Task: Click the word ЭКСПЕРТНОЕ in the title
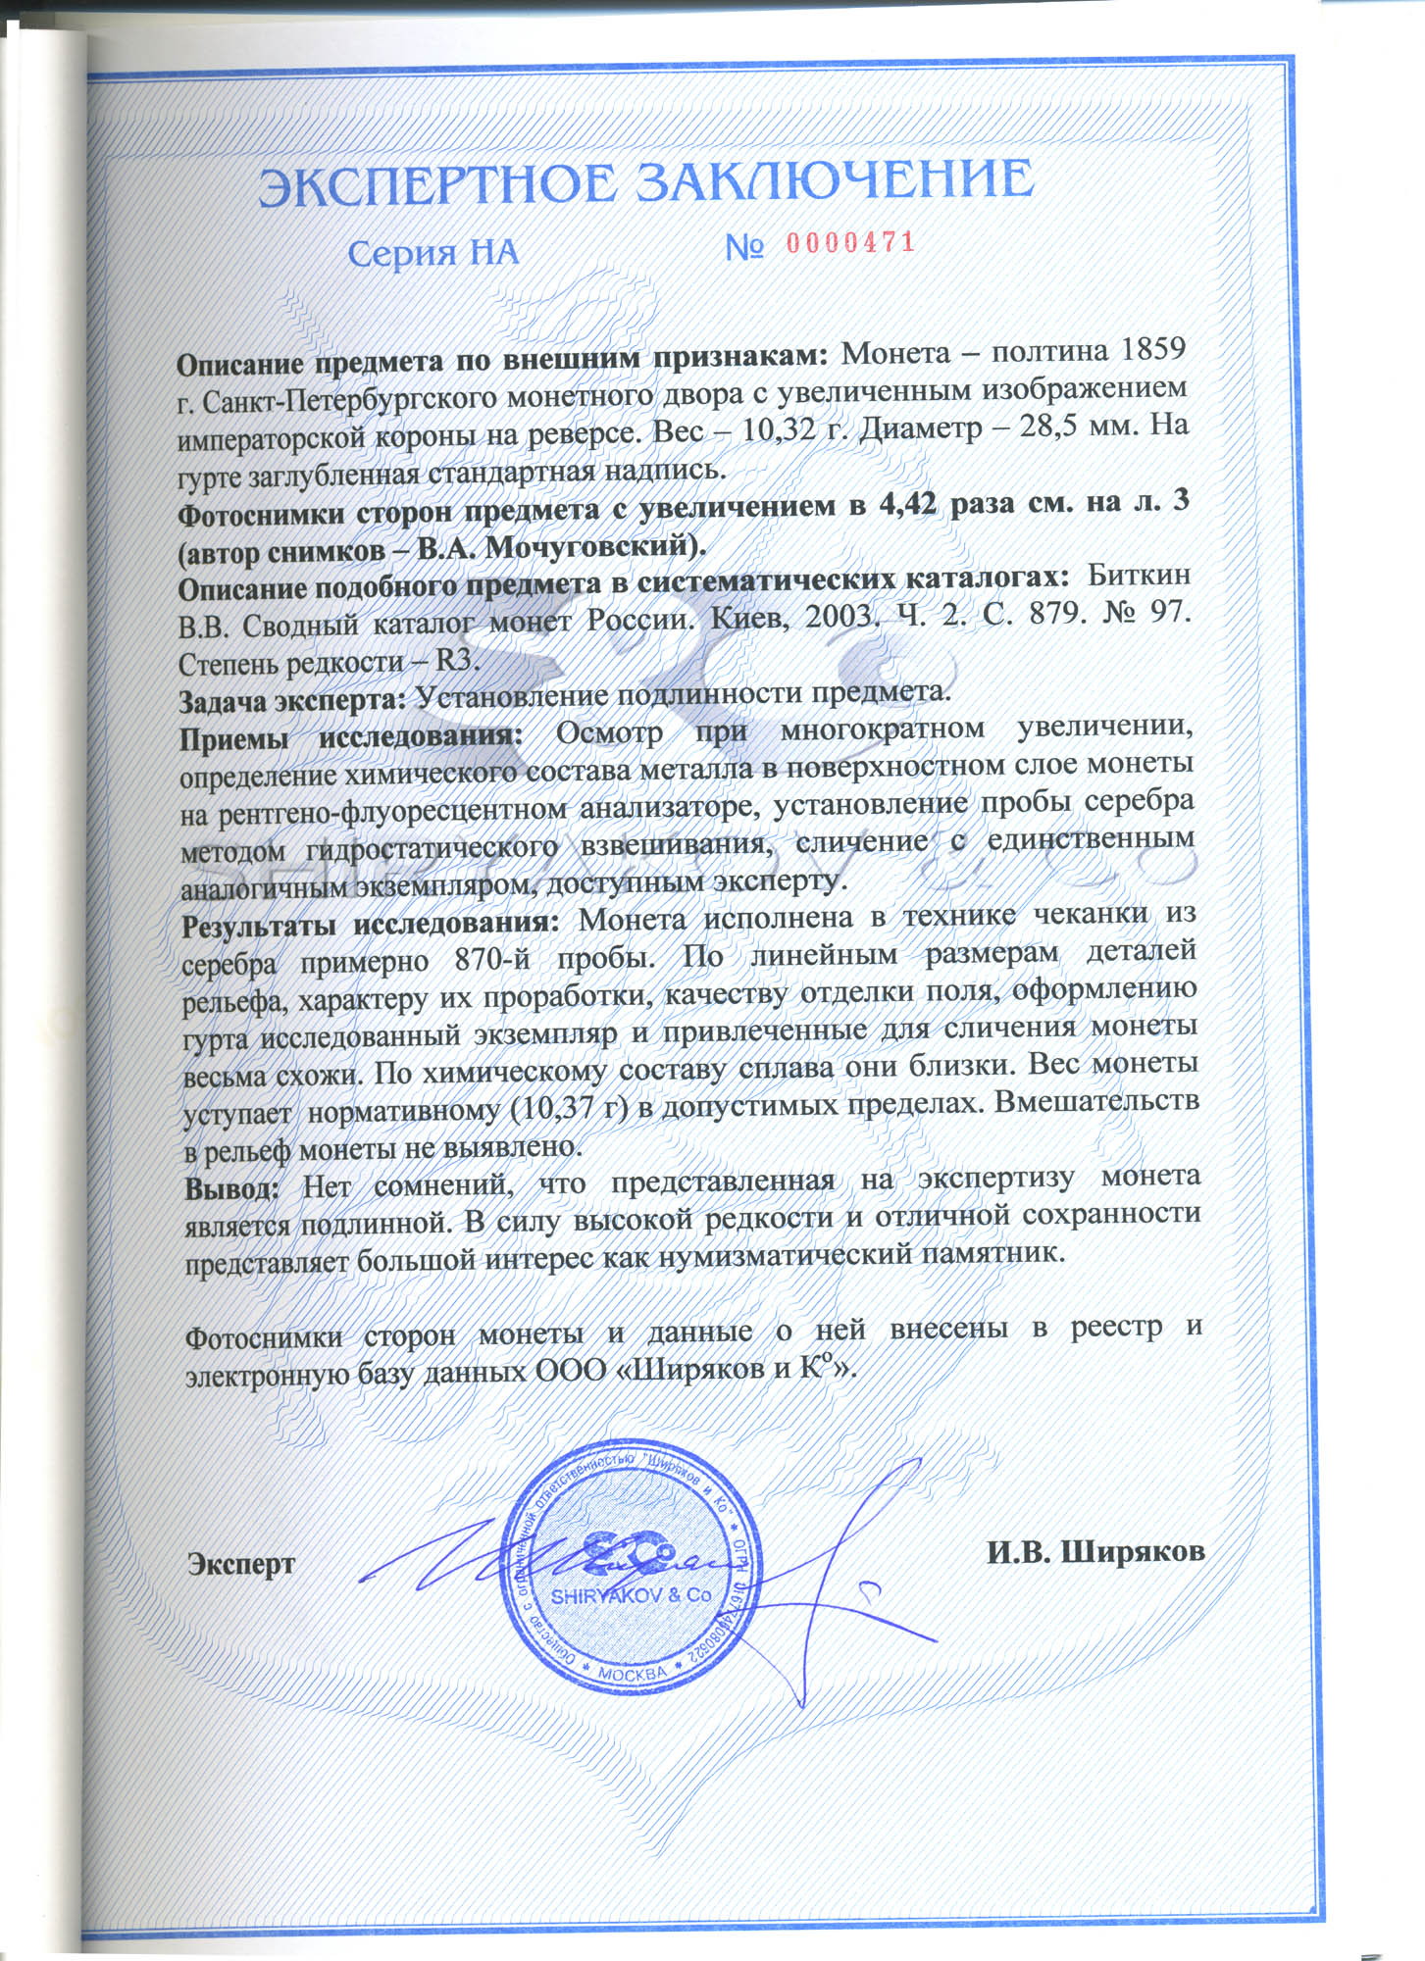[437, 185]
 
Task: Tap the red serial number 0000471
[850, 243]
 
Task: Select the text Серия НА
[433, 254]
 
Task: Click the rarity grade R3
[454, 660]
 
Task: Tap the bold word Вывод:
[232, 1187]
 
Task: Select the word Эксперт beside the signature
[241, 1563]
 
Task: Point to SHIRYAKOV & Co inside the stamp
[631, 1595]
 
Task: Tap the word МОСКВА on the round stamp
[633, 1674]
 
